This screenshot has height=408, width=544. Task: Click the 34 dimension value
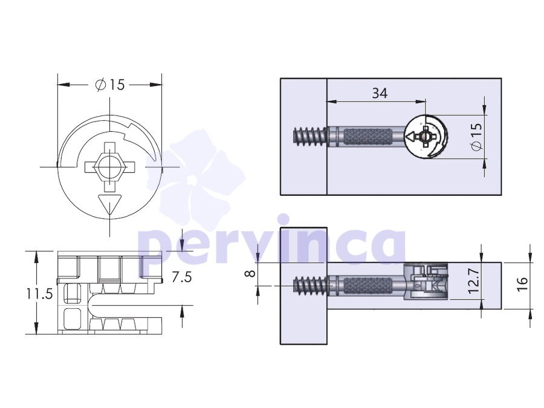(380, 93)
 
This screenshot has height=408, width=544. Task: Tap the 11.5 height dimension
(39, 294)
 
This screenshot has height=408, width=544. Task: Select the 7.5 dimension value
(182, 277)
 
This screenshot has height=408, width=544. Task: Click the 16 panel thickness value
(522, 284)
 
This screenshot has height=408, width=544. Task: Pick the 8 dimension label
(250, 273)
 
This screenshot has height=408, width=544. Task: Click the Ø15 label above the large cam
(110, 85)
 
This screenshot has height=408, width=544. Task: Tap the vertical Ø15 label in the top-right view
(476, 137)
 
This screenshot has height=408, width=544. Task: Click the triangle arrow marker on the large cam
(110, 205)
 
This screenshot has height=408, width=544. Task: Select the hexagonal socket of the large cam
(110, 167)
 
